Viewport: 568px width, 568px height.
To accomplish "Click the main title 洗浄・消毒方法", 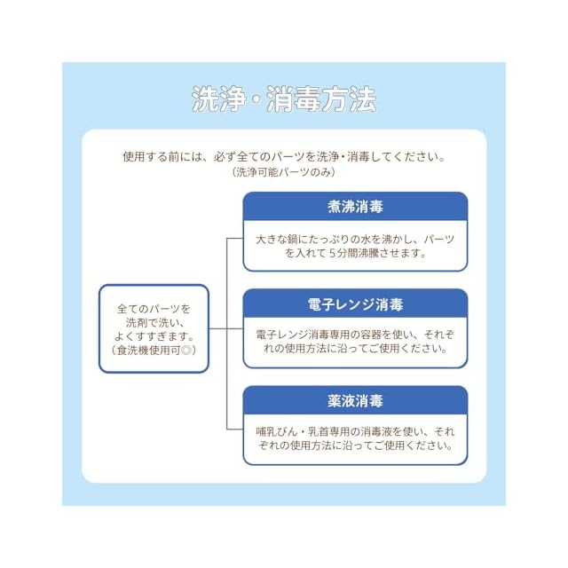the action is click(x=284, y=99).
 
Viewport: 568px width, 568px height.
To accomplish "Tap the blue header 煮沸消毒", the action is click(x=355, y=207).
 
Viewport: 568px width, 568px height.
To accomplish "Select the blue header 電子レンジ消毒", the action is click(x=355, y=304).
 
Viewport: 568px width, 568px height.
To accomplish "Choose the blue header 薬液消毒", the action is click(x=355, y=401).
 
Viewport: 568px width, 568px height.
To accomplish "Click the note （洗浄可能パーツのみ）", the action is click(x=284, y=173).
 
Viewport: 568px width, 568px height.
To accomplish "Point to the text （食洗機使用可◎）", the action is click(x=154, y=351).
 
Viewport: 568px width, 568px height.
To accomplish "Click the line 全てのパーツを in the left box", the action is click(x=154, y=309).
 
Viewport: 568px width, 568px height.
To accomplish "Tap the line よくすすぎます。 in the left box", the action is click(x=154, y=336).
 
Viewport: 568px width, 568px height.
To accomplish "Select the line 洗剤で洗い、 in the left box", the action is click(x=154, y=323).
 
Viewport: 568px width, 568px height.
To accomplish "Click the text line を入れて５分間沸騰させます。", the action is click(x=355, y=252).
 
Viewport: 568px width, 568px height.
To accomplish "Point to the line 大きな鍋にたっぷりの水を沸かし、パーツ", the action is click(x=355, y=239).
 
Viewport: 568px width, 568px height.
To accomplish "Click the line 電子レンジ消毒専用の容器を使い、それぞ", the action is click(x=355, y=335).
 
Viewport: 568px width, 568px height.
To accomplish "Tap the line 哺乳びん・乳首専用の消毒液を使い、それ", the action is click(x=355, y=431).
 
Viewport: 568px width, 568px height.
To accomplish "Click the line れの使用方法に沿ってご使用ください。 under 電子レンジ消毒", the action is click(x=355, y=349).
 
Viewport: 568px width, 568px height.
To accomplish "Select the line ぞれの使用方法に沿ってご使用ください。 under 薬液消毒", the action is click(x=355, y=446).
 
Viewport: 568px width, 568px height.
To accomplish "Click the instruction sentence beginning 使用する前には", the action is click(x=284, y=157).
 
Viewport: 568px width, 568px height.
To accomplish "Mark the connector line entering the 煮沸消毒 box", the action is click(x=235, y=238).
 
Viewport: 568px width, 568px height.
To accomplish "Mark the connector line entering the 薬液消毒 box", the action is click(x=235, y=431).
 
